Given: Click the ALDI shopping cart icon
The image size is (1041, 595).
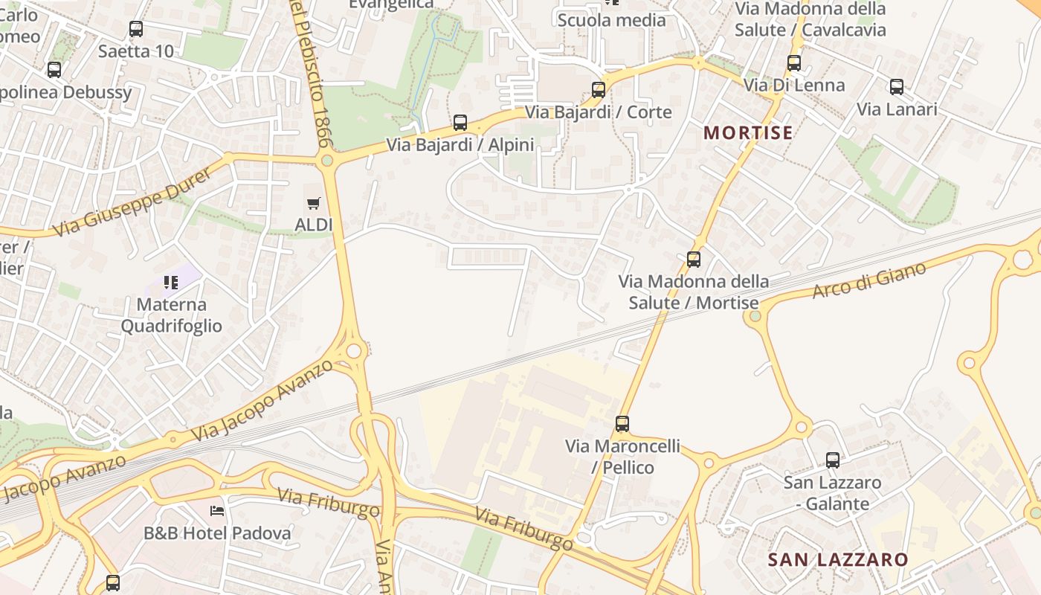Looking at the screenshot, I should pos(314,203).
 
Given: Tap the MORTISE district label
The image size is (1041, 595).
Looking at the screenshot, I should pos(748,133).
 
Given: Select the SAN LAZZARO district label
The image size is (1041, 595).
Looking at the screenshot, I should pos(838,559).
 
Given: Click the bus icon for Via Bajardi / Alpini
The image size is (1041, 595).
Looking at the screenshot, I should pos(460,123).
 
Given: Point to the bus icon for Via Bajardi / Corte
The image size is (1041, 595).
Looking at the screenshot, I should pos(598,90).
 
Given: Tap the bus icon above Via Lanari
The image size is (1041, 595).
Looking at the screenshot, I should pos(897,87).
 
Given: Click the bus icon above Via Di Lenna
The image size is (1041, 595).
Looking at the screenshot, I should pos(794,63).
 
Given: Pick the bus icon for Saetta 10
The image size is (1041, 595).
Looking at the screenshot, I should pos(136,29).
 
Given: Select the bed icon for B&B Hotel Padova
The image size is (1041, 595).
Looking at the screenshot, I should pos(217,510).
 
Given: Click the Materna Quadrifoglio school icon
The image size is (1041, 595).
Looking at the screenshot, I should pos(172,283).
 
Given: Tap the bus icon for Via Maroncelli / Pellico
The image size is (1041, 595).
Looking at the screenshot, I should pos(622,424).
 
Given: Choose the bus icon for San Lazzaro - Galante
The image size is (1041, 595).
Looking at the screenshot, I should pos(833,460).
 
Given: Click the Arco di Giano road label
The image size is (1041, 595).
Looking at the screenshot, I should pos(869,280).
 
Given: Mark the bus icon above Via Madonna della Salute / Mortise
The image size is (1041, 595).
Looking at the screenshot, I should pos(694,260).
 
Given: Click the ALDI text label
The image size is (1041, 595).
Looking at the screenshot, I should pos(314,225).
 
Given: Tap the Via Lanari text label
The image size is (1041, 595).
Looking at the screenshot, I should pos(897,109).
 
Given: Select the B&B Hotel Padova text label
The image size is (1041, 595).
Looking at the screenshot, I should pos(217,533).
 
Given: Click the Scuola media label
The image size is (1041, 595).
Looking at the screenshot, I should pos(611,20).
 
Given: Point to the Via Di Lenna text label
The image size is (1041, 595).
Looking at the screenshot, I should pos(794,85).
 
